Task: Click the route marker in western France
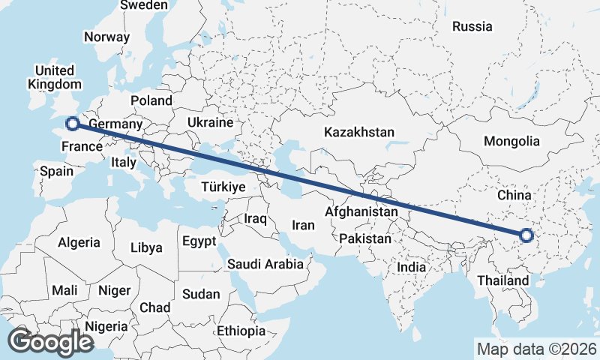click(72, 124)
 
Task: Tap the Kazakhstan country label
click(359, 132)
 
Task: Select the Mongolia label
click(511, 141)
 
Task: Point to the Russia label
click(472, 27)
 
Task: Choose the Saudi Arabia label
click(265, 264)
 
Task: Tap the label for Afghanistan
click(361, 212)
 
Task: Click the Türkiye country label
click(224, 187)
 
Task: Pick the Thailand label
click(502, 281)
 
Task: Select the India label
click(411, 266)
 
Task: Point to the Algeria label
click(79, 242)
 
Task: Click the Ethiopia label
click(241, 331)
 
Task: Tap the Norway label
click(106, 37)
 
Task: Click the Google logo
click(51, 342)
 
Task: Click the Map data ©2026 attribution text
click(536, 349)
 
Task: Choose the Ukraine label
click(210, 122)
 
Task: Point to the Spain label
click(57, 171)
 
